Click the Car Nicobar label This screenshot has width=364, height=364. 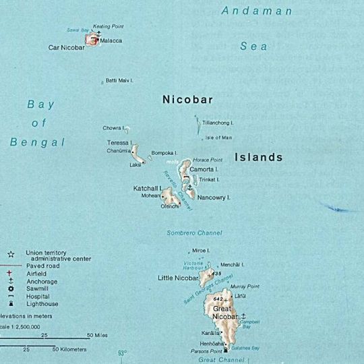(x=66, y=48)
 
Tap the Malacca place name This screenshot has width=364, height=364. (x=111, y=41)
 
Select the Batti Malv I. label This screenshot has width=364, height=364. (x=120, y=81)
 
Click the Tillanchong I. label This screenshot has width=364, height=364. (x=218, y=123)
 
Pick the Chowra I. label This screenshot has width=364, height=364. (x=113, y=127)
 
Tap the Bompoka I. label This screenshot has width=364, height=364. (x=164, y=152)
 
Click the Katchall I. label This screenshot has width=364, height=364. (x=148, y=187)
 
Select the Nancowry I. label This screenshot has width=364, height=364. (x=214, y=198)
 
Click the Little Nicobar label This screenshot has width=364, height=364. (x=178, y=278)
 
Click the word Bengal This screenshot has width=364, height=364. (x=38, y=142)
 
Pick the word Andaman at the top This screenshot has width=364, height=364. (x=259, y=11)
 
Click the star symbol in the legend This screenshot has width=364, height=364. (x=11, y=254)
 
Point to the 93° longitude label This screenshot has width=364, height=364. (x=122, y=353)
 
